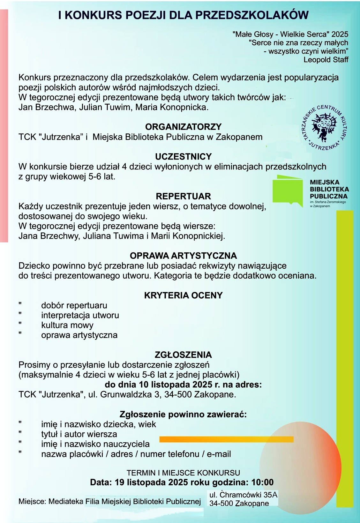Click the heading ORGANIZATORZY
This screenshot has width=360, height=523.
tap(183, 127)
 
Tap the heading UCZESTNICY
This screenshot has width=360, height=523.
tap(183, 156)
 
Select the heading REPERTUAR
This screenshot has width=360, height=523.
tap(183, 196)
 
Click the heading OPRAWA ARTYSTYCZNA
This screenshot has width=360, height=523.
tap(183, 256)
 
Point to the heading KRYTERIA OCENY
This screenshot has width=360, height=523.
tap(183, 295)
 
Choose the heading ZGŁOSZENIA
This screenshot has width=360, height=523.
tap(183, 355)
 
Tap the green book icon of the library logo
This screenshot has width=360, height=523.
tap(288, 191)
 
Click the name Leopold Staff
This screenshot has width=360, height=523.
tap(326, 60)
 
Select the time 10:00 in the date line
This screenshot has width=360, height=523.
tap(262, 482)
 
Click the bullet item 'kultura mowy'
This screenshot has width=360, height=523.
tap(67, 325)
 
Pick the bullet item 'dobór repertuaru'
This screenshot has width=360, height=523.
tap(74, 305)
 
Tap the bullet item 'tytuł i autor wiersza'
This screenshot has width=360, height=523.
tap(79, 434)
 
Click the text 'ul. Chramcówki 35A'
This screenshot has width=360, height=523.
tap(243, 495)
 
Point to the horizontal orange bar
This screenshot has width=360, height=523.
tap(226, 439)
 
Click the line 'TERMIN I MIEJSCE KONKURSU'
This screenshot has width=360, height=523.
tap(183, 473)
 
